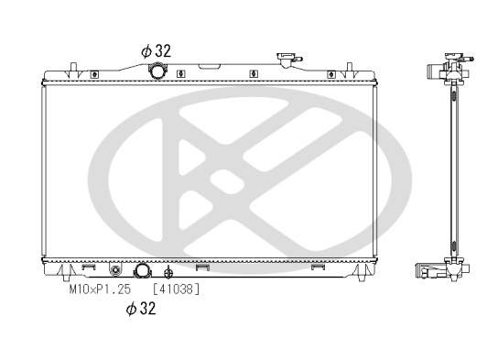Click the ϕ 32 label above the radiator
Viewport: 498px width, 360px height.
[156, 50]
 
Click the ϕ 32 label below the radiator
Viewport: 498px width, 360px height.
[141, 308]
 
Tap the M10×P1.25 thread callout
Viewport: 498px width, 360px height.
[100, 289]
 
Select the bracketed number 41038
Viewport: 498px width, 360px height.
[177, 289]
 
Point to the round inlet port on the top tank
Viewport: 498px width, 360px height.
[157, 71]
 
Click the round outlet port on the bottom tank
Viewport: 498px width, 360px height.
[142, 271]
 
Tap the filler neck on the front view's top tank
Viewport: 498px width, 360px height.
[288, 60]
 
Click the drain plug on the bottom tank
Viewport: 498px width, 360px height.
[115, 270]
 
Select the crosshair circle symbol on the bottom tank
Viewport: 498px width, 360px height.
[168, 273]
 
